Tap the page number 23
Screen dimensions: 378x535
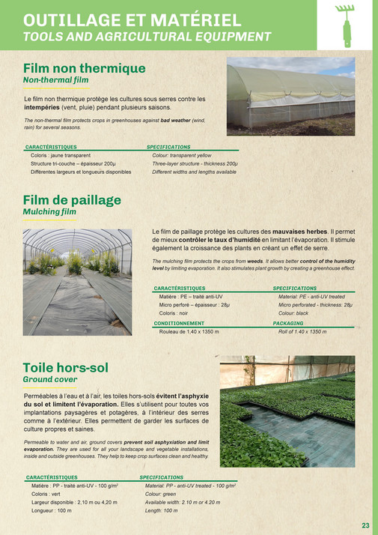click(365, 525)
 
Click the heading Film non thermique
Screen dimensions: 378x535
click(84, 68)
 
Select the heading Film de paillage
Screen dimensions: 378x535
click(72, 200)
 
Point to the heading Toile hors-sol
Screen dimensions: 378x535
click(66, 367)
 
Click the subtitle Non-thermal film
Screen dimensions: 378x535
click(55, 79)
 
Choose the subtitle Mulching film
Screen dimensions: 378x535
click(49, 212)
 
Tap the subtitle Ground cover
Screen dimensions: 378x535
click(50, 379)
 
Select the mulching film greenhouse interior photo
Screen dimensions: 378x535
click(77, 271)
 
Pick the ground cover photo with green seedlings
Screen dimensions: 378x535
click(287, 411)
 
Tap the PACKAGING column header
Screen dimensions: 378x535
click(288, 323)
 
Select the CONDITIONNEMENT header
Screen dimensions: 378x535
click(179, 323)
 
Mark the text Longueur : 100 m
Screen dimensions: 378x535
click(51, 510)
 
